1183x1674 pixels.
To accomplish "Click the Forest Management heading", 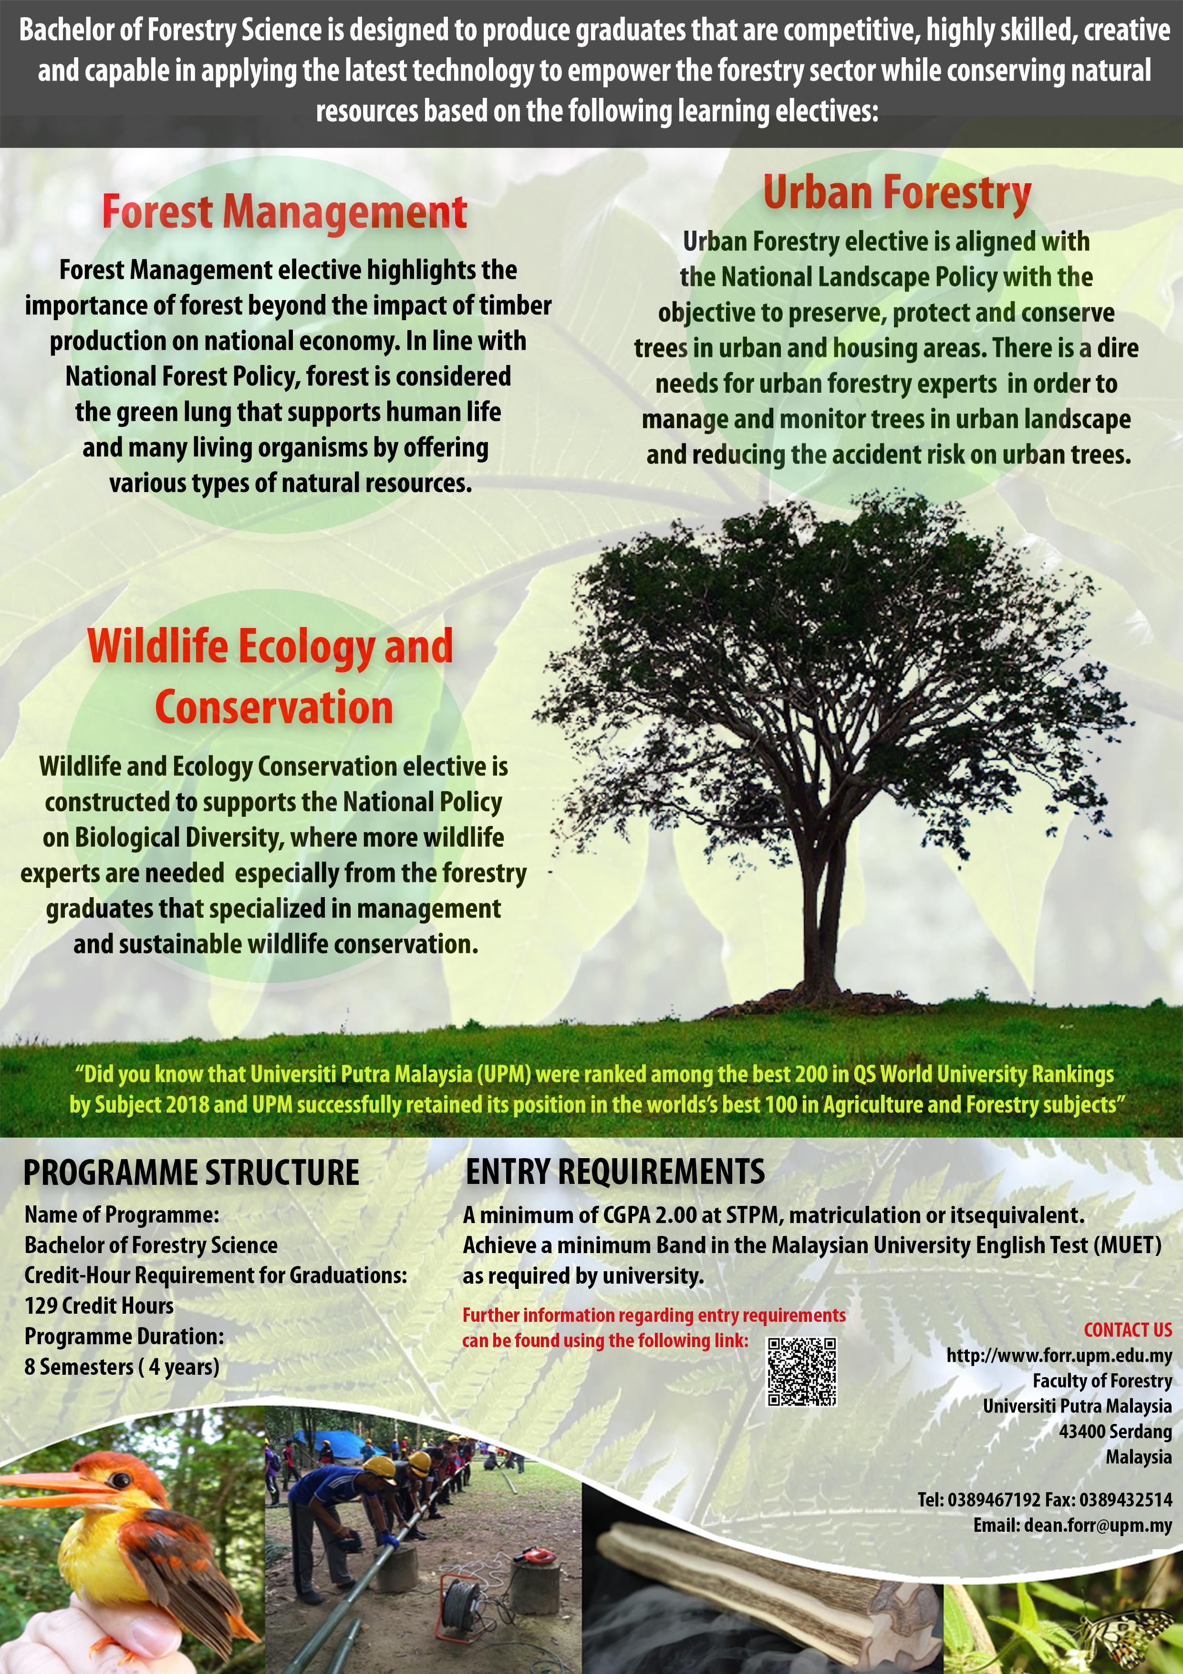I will click(284, 212).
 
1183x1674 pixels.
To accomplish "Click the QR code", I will click(802, 1371).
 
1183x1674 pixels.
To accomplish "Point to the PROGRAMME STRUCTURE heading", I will click(191, 1173).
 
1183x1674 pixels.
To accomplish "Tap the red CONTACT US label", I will click(1127, 1330).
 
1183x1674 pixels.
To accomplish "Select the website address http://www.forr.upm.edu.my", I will click(1058, 1355).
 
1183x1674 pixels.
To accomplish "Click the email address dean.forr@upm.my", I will click(1098, 1525).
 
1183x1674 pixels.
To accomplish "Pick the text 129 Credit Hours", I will click(99, 1306).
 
